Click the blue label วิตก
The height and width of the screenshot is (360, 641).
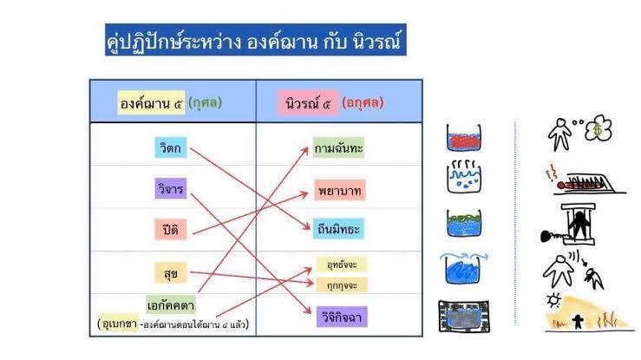[171, 147]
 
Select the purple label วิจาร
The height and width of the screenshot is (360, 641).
[171, 189]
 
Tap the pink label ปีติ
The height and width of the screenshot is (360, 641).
[171, 229]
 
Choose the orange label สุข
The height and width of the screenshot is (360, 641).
[171, 273]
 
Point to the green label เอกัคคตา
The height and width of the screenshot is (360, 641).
[171, 304]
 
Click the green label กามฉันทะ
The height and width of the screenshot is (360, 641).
[338, 147]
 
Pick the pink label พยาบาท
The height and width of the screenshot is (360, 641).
[340, 190]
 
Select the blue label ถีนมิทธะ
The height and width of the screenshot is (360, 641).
[338, 229]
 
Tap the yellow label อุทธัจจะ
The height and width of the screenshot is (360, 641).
[342, 265]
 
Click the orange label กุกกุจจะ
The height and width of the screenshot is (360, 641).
[342, 285]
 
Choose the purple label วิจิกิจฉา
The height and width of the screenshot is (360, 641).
[342, 317]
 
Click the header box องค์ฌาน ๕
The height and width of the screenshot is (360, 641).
[151, 102]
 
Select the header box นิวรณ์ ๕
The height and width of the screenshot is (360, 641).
[308, 102]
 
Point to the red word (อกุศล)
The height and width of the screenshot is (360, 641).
[363, 102]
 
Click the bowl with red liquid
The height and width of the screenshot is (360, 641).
[463, 138]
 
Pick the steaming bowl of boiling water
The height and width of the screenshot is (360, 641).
[464, 176]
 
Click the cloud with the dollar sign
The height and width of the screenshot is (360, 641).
[598, 128]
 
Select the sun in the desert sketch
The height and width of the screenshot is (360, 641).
[554, 300]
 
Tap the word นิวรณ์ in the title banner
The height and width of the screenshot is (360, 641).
[376, 41]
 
